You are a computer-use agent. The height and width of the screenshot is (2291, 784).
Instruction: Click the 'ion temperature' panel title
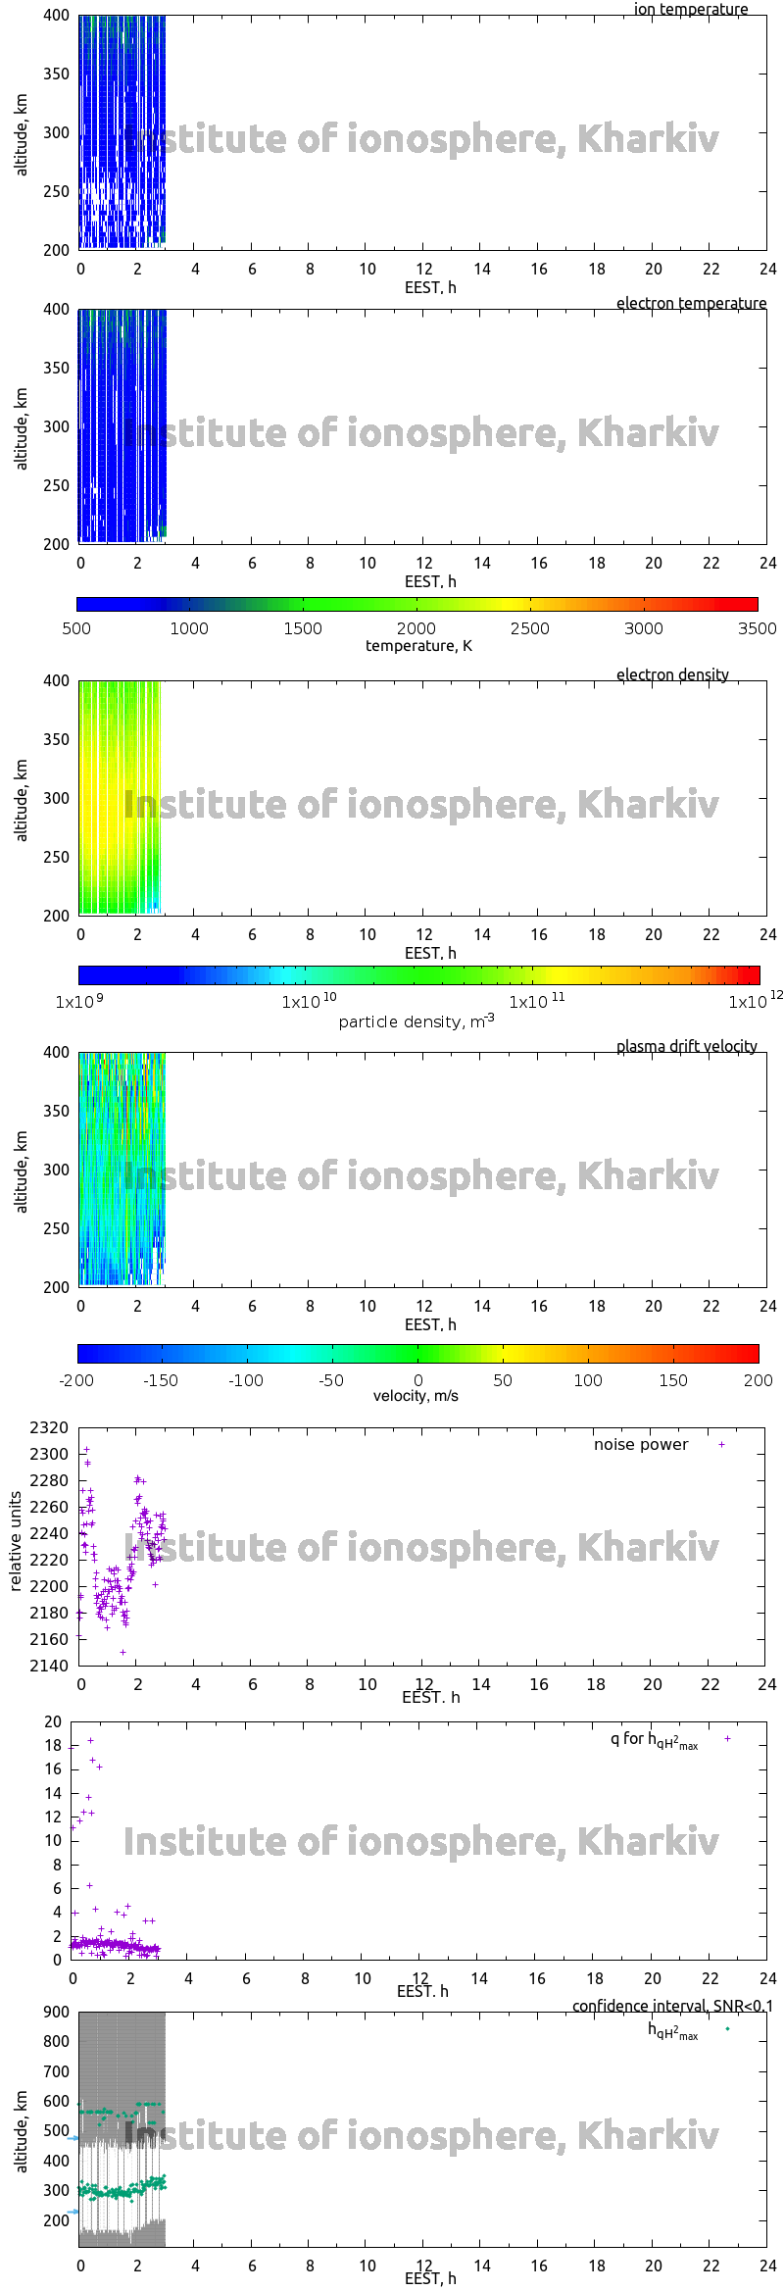(690, 10)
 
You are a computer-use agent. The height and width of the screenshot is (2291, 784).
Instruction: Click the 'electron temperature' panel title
(691, 303)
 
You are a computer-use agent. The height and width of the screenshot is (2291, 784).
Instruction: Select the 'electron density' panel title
(672, 674)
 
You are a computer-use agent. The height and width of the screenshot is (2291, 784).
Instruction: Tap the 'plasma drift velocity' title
(686, 1046)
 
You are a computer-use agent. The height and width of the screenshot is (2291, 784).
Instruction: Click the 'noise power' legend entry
(641, 1444)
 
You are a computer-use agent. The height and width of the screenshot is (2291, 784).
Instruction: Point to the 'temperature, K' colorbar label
(418, 645)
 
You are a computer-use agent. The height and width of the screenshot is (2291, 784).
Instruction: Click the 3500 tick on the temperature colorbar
(757, 628)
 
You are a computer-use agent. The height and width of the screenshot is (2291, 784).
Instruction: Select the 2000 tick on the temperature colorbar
(416, 628)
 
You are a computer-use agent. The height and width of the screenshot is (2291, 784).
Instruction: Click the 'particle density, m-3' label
(416, 1021)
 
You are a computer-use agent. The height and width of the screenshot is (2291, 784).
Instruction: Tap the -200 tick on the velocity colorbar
(76, 1380)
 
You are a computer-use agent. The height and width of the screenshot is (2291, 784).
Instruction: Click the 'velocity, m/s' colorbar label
(416, 1395)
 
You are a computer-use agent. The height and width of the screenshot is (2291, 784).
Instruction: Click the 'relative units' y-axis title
(16, 1542)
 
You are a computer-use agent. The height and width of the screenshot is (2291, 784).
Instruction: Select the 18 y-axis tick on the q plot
(53, 1745)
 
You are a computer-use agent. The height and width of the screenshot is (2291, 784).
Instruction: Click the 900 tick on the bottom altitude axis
(57, 2012)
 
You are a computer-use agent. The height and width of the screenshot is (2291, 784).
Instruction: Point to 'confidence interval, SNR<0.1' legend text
(672, 2006)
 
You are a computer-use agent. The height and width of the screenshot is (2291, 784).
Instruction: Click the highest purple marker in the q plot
(91, 1740)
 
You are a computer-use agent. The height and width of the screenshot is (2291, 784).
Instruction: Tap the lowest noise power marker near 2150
(122, 1652)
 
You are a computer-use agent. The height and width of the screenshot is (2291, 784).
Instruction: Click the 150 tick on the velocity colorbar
(673, 1380)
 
